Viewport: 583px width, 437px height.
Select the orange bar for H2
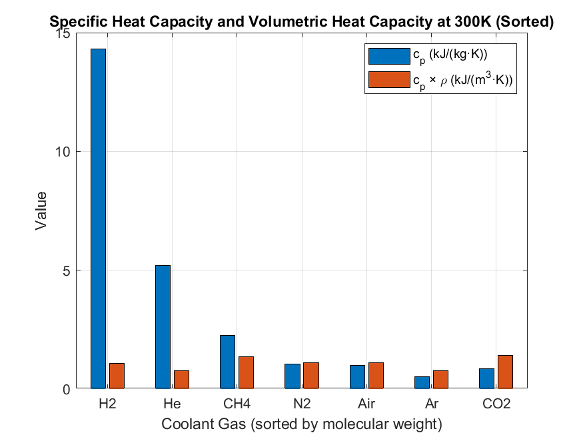coord(117,376)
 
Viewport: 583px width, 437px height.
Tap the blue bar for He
coord(163,326)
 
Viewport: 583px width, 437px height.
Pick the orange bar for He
coord(182,379)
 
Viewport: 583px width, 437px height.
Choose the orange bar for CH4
coord(247,372)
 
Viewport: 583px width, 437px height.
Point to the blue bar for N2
coord(292,376)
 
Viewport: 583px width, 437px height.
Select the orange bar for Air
coord(376,375)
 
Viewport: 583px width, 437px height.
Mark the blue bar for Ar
coord(422,382)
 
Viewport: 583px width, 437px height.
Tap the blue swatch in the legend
coord(389,55)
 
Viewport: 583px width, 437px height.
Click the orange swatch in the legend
coord(389,79)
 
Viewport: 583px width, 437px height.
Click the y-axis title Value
coord(41,211)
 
